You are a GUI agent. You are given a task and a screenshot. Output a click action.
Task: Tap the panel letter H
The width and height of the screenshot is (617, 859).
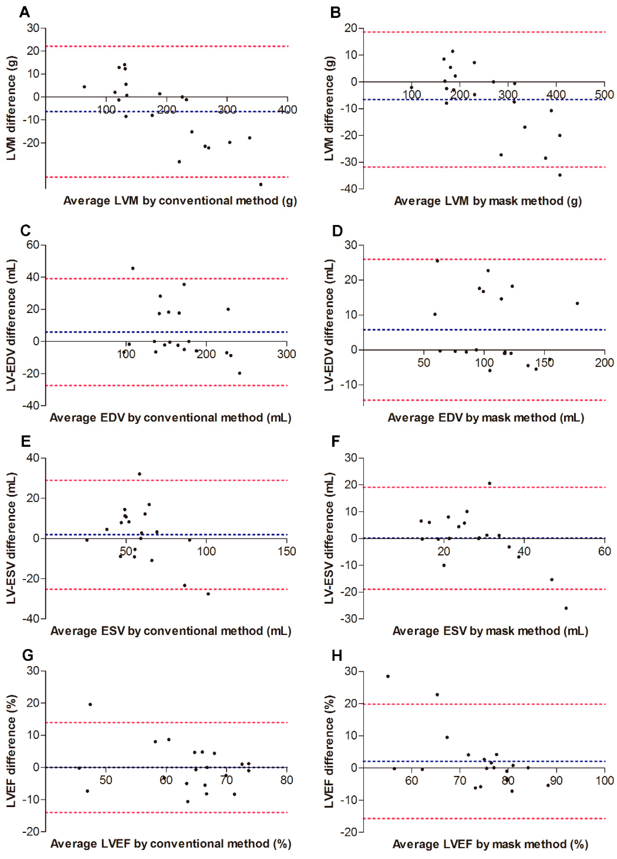(x=337, y=655)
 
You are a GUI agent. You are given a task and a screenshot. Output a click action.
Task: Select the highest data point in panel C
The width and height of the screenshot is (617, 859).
(x=132, y=268)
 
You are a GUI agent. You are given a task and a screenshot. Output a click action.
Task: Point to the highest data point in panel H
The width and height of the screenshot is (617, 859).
(x=388, y=676)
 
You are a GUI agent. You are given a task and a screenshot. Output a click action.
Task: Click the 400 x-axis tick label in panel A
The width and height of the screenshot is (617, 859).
(x=287, y=110)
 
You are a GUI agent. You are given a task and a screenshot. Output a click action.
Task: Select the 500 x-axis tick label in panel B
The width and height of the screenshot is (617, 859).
(x=604, y=94)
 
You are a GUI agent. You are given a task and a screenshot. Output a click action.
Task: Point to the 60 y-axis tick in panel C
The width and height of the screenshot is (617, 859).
(x=33, y=245)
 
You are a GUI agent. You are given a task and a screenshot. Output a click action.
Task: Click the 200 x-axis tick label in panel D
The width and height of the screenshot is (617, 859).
(x=604, y=363)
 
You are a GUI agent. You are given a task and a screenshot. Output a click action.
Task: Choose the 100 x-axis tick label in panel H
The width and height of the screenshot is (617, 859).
(x=604, y=780)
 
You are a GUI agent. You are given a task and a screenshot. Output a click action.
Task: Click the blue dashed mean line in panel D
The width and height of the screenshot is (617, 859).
(x=484, y=330)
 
